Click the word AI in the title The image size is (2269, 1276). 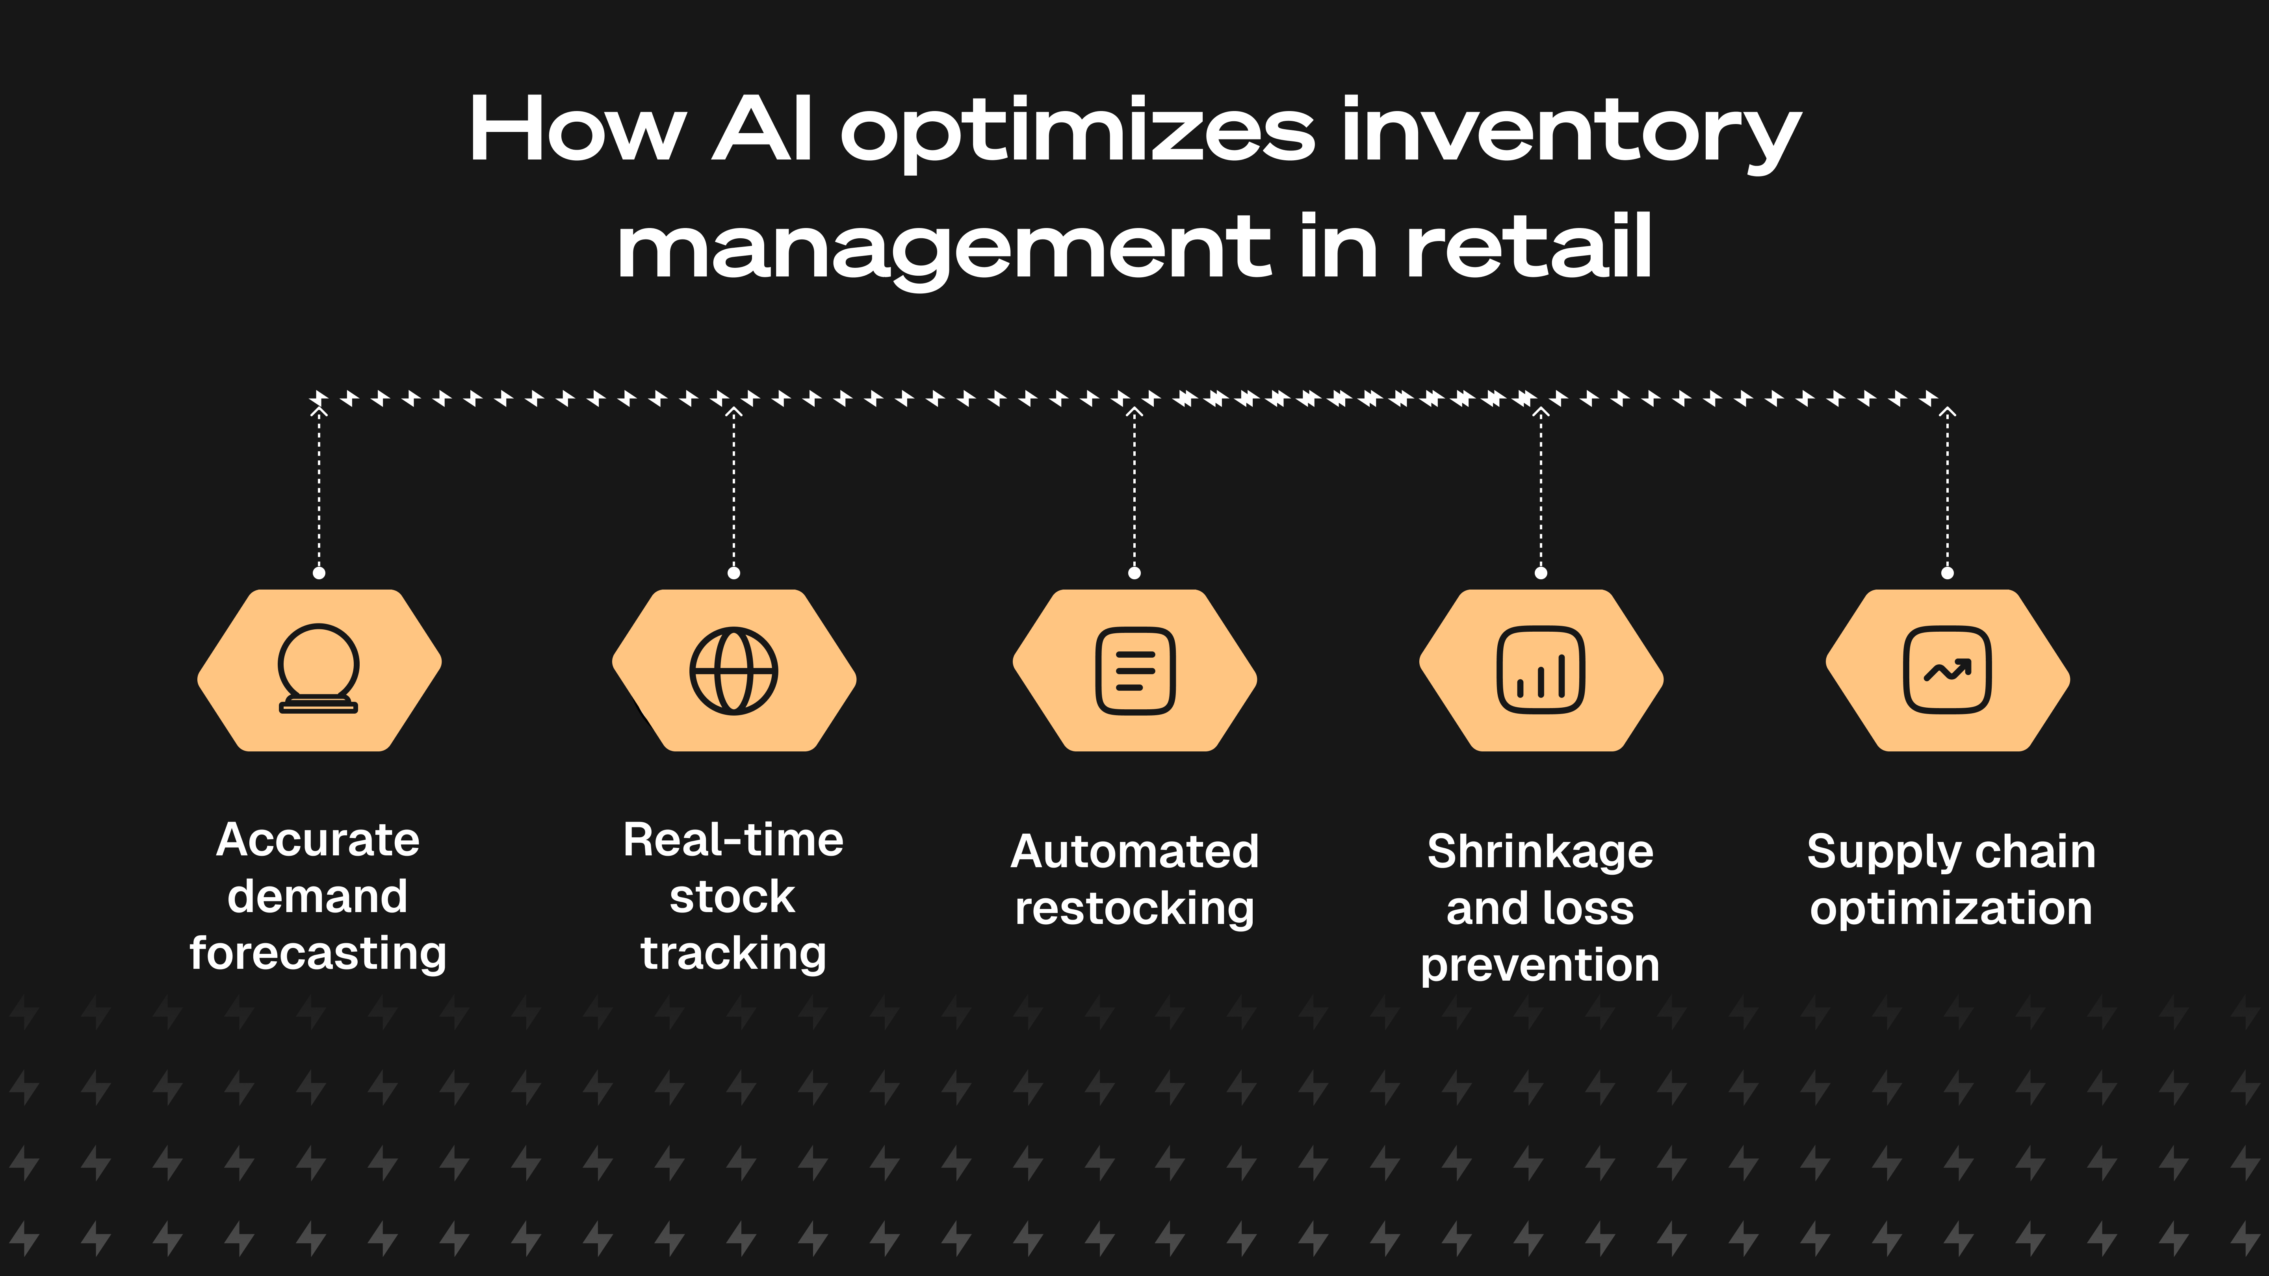click(762, 130)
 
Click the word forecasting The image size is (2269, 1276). click(318, 954)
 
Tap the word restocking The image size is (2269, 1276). click(1134, 909)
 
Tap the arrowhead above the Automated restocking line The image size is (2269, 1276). click(1134, 411)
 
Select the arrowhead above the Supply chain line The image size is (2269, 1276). click(1948, 411)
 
